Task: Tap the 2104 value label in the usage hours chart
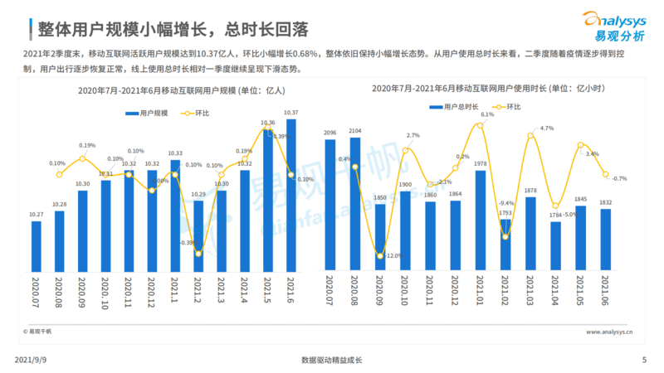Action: click(355, 131)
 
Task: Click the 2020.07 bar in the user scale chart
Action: click(36, 246)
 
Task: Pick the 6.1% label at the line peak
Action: click(487, 115)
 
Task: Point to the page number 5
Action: click(644, 360)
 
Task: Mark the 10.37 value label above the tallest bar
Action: click(290, 112)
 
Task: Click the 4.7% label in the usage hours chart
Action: click(546, 128)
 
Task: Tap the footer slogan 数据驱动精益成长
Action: click(332, 360)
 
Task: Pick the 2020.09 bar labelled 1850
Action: click(380, 236)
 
